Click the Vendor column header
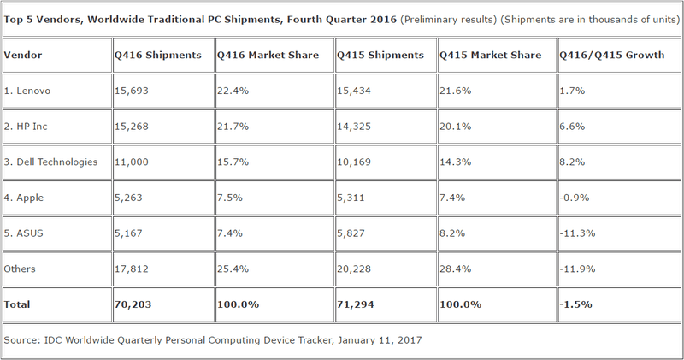point(23,56)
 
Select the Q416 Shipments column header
point(158,56)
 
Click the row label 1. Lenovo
point(31,90)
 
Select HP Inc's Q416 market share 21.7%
point(233,127)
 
